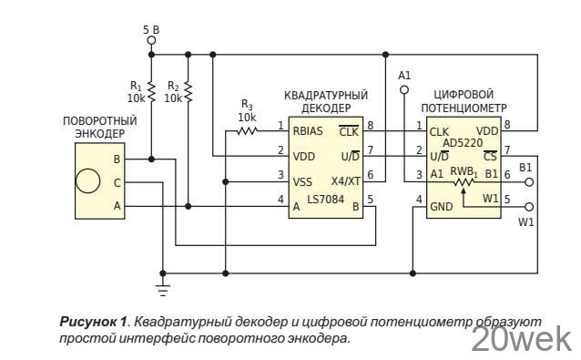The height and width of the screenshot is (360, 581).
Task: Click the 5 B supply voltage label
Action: [x=150, y=30]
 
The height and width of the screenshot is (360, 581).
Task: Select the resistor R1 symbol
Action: [x=152, y=91]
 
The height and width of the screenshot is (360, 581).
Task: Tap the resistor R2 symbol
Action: [x=188, y=91]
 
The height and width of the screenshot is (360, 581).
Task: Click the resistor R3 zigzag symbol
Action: [x=247, y=131]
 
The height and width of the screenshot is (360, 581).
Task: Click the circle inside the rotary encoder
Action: [x=87, y=180]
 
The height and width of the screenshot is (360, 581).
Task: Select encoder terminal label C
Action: [x=116, y=182]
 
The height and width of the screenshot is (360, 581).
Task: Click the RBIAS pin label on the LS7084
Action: [x=309, y=131]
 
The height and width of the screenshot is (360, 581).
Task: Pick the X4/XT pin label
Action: [x=344, y=181]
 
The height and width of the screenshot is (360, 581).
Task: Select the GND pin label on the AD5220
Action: [x=442, y=207]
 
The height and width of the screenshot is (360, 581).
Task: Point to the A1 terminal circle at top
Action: [x=404, y=90]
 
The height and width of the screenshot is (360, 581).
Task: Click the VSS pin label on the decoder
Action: [x=302, y=181]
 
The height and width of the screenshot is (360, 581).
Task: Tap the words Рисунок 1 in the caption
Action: [x=92, y=322]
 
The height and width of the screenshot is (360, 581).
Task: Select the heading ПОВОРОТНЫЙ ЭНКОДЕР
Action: [x=100, y=127]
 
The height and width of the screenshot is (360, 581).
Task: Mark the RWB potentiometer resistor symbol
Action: [x=464, y=182]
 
